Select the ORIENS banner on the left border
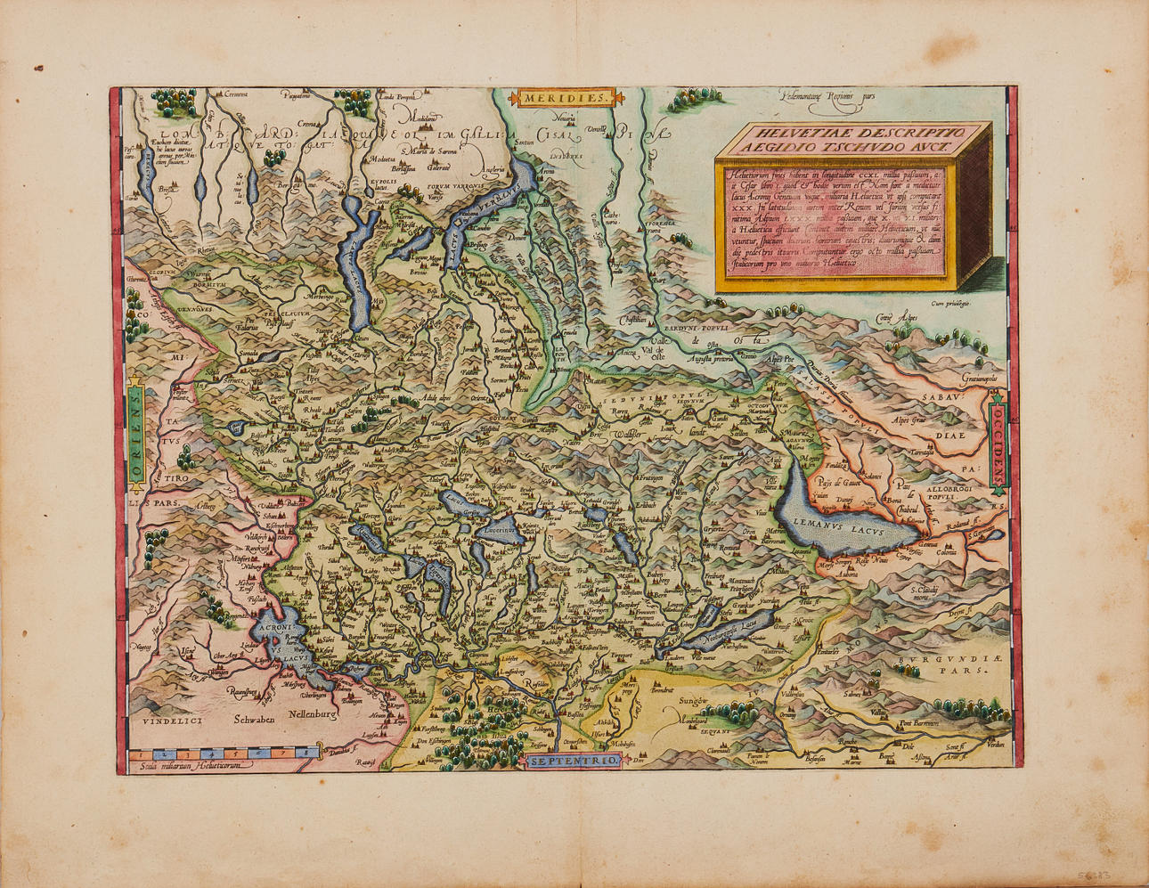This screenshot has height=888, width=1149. (x=135, y=439)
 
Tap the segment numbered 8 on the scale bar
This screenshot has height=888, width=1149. (x=307, y=754)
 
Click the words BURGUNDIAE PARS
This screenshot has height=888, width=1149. (x=944, y=664)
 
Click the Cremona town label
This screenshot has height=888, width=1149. (x=236, y=94)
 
